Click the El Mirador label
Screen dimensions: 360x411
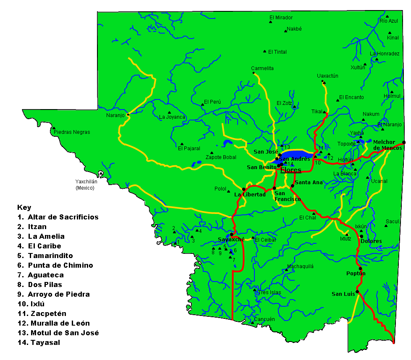tap(281, 18)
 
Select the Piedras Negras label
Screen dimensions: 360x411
tap(72, 132)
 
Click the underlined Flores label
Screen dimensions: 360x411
tap(291, 170)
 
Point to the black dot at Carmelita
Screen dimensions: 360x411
tap(254, 73)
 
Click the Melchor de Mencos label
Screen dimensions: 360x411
tap(387, 145)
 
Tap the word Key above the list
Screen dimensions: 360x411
tap(24, 207)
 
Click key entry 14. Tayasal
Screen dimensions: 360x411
tap(39, 342)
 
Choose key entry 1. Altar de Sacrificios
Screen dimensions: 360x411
tap(58, 217)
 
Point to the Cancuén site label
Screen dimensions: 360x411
tap(264, 319)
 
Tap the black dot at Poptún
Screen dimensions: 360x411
tap(360, 269)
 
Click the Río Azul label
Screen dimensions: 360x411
tap(389, 21)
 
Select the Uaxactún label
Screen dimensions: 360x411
tap(327, 76)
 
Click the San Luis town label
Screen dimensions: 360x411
tap(343, 294)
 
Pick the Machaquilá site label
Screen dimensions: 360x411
tap(300, 266)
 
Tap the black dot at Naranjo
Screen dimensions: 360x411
tap(128, 114)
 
